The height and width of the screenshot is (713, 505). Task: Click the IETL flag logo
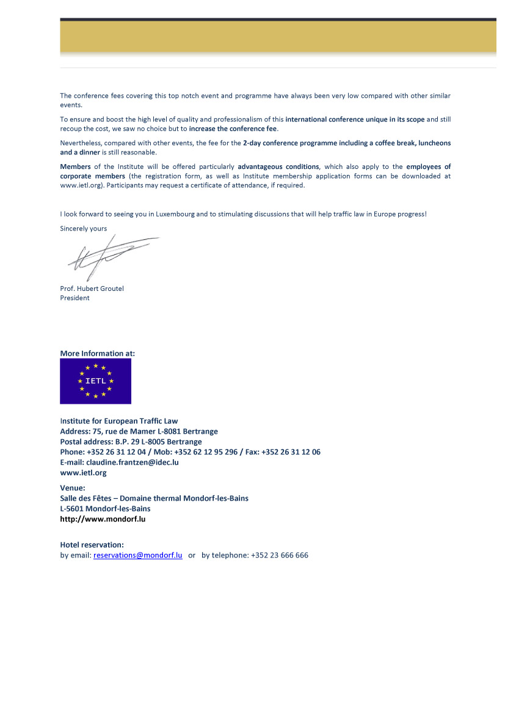coord(95,381)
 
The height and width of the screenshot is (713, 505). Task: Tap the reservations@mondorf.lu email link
coord(138,556)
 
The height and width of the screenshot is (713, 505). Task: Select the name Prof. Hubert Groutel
coord(92,288)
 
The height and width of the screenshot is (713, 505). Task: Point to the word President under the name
coord(74,298)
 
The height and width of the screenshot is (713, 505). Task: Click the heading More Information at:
coord(98,353)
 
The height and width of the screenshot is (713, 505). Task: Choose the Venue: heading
coord(73,488)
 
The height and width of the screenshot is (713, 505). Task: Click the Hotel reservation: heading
coord(92,545)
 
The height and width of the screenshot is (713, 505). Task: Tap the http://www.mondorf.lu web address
coord(103,519)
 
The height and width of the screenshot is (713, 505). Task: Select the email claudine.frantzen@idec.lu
coord(132,462)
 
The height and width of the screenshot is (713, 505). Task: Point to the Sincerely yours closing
coord(83,229)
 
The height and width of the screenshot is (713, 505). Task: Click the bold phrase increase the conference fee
coord(233,129)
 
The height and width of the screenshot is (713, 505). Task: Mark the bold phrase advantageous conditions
coord(278,167)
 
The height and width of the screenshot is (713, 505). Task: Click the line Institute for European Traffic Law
coord(119,421)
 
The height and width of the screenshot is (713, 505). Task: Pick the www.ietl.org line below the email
coord(83,473)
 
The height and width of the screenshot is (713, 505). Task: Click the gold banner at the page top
coord(278,37)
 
